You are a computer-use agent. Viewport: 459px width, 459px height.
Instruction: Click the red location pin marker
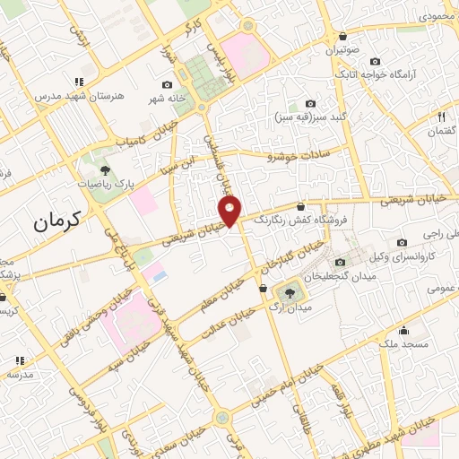pos(230,212)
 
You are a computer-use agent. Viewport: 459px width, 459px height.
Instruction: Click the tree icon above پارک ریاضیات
pos(105,169)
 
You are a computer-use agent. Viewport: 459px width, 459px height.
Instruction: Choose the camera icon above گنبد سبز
pos(310,104)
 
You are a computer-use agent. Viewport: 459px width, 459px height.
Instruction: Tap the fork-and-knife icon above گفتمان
pos(441,117)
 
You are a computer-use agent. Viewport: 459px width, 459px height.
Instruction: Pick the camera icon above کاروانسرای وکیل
pos(402,242)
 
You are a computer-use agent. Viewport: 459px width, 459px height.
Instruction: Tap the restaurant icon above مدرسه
pos(18,361)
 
